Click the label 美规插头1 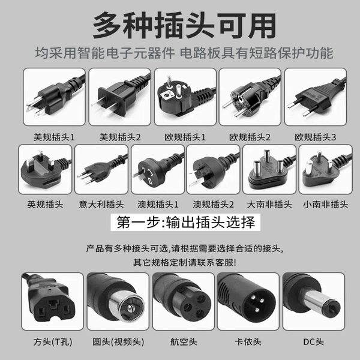click(x=54, y=137)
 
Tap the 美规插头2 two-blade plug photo click(x=119, y=97)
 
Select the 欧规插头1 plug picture click(x=185, y=97)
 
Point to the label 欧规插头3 click(x=316, y=137)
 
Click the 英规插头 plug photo click(x=45, y=169)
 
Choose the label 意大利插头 click(x=101, y=205)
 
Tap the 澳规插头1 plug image click(x=158, y=169)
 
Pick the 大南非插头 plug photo click(x=269, y=169)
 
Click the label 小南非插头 click(x=326, y=205)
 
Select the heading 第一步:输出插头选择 click(x=185, y=222)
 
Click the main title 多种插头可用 click(x=184, y=26)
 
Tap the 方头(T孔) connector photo click(x=52, y=301)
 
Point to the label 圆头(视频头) click(x=118, y=342)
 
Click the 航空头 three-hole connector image click(x=184, y=301)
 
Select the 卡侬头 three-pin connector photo click(x=248, y=301)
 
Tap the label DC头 click(x=314, y=342)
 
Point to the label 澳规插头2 click(x=213, y=205)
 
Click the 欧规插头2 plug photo click(x=250, y=97)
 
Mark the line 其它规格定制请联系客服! click(x=185, y=262)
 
